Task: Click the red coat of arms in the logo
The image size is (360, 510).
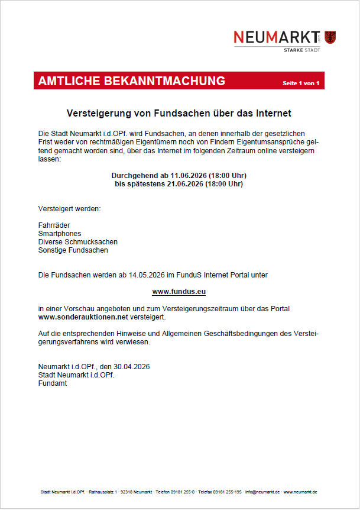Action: point(330,37)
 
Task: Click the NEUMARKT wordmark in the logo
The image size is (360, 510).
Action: point(277,37)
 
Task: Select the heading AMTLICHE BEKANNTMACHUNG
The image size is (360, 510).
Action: point(131,82)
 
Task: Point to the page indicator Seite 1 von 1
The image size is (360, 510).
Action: point(301,83)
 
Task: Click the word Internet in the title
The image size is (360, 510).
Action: point(271,112)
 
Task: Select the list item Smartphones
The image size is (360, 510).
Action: point(60,234)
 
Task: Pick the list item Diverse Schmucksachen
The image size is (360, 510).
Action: point(77,242)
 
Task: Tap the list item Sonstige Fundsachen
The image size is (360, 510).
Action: point(73,250)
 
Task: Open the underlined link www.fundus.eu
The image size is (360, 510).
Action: point(179,292)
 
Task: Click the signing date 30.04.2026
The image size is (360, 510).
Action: point(131,367)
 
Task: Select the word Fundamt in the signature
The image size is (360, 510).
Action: point(53,383)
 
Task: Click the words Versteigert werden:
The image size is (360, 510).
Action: point(69,209)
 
